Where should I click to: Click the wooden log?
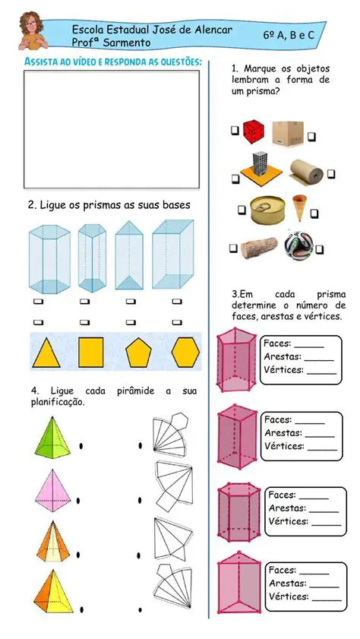click(260, 248)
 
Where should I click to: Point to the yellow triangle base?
click(46, 352)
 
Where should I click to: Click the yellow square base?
click(92, 352)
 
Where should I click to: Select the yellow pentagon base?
click(137, 352)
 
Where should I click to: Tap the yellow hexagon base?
click(184, 352)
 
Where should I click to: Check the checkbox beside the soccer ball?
click(319, 248)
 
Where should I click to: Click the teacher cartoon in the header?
click(30, 31)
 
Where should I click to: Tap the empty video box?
click(111, 128)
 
